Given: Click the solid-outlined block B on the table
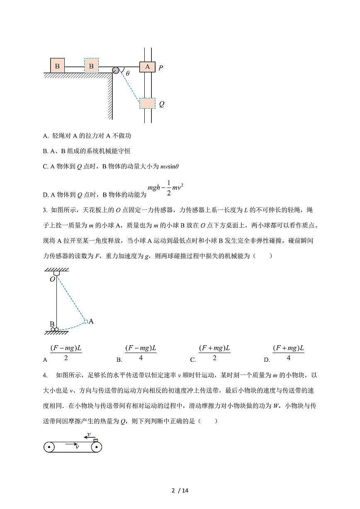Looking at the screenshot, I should (x=57, y=66).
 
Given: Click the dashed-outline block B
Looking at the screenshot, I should (x=92, y=66).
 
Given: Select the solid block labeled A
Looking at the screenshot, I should (x=147, y=66).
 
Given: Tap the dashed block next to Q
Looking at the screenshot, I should (x=147, y=103).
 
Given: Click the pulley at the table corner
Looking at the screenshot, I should (x=116, y=70).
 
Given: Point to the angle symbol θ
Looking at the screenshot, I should (x=128, y=73).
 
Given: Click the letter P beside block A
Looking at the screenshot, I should (x=161, y=68).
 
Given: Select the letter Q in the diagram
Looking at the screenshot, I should (x=161, y=104).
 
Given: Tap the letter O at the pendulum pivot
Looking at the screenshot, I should (x=52, y=279).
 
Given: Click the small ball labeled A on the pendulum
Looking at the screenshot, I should (x=85, y=321).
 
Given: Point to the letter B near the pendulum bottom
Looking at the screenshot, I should (x=52, y=324).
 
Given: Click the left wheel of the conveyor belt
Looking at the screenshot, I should (x=49, y=447).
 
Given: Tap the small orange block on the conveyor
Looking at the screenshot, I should (x=96, y=440).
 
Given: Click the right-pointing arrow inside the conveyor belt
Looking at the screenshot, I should (x=73, y=443).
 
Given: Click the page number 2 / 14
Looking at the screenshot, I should (x=180, y=491).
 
